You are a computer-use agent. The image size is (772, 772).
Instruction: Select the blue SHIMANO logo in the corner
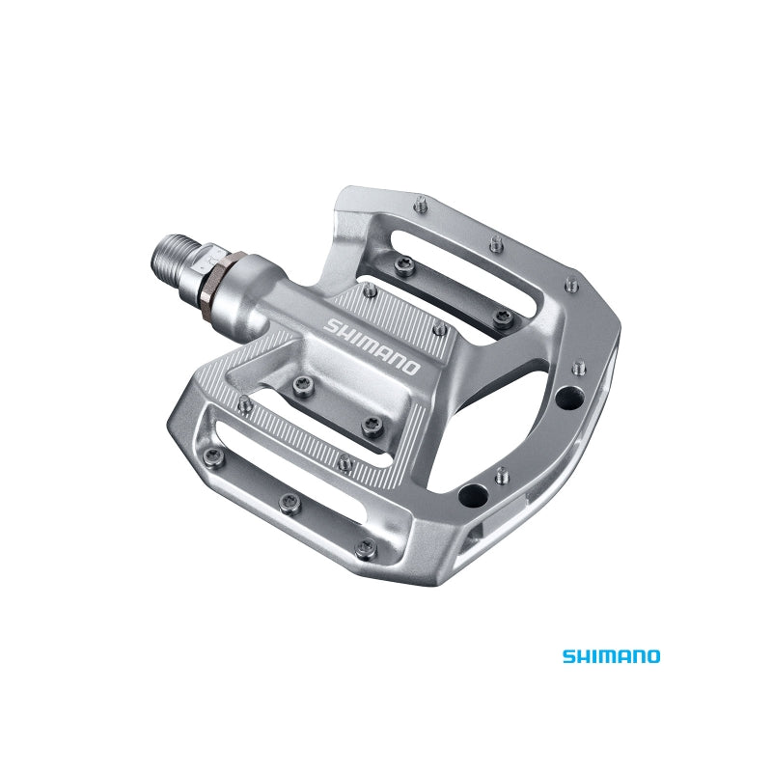point(612,656)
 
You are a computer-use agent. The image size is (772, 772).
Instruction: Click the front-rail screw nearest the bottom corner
point(364,546)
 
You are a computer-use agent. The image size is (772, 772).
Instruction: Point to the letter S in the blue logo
point(569,656)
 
